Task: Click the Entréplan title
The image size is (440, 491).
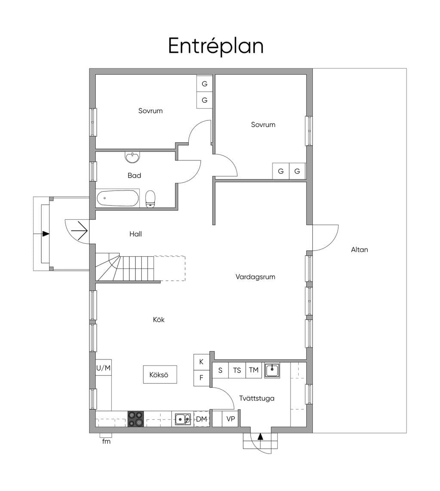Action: [216, 47]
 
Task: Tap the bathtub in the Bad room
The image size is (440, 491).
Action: [117, 198]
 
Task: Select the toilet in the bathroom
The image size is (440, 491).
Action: [150, 199]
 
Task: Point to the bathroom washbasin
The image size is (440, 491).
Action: [133, 157]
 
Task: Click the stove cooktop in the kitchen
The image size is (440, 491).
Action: [136, 419]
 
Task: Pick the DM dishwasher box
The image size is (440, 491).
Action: [202, 419]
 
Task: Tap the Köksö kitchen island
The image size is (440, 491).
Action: [160, 374]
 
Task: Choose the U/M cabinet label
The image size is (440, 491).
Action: [103, 368]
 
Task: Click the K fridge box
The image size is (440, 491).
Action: [202, 362]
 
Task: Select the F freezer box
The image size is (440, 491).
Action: [202, 378]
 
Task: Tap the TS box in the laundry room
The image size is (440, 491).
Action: [237, 371]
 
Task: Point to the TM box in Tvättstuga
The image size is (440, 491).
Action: [254, 371]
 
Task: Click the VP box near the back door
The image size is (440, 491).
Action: [231, 419]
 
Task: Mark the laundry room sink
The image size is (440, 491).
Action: [272, 371]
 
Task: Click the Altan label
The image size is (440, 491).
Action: [360, 250]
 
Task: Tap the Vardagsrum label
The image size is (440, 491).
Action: [255, 277]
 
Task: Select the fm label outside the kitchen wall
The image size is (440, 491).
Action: [107, 442]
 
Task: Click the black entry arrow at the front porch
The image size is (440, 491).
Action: [46, 233]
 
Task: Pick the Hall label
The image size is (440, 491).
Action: [135, 234]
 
